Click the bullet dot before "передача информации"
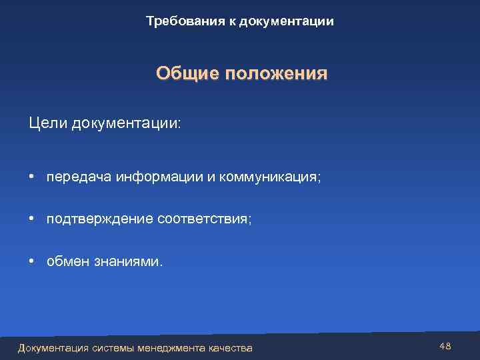[x=32, y=177]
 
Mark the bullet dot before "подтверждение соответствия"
[x=32, y=218]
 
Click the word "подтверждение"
[x=100, y=219]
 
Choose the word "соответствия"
[x=205, y=219]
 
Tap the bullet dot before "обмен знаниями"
[x=32, y=261]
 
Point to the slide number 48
[x=445, y=345]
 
